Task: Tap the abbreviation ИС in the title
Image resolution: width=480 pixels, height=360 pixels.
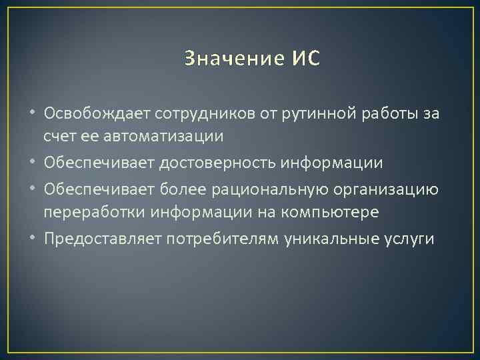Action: (305, 59)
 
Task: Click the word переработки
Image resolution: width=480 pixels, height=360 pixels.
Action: (91, 213)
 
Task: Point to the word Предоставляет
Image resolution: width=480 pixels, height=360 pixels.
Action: (102, 239)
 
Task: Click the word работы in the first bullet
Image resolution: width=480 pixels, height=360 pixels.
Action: (398, 114)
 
